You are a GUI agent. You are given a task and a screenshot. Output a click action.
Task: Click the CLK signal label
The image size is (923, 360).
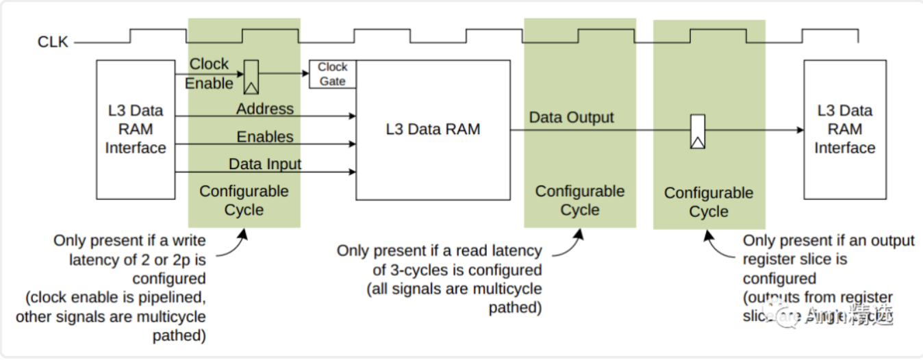coord(53,42)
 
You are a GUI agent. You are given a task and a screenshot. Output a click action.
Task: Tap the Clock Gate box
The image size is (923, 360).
coord(333,74)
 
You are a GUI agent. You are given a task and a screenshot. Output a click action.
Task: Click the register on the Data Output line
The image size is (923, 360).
coord(697,131)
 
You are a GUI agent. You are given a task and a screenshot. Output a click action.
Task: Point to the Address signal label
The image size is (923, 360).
coord(265,109)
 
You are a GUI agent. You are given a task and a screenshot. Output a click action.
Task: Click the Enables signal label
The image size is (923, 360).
coord(265,137)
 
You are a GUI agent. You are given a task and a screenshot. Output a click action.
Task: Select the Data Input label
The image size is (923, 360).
coord(265,164)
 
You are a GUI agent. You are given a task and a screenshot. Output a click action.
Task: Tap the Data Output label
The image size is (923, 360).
coord(571,118)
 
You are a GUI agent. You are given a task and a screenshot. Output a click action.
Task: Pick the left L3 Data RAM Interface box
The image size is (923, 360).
coord(136,129)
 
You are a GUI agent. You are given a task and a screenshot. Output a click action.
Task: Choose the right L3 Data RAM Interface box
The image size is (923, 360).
coord(844,129)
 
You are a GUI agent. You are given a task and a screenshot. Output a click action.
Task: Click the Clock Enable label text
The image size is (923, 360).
coord(209,74)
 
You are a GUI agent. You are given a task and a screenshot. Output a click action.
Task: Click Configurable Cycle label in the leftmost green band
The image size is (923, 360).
coord(244,201)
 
